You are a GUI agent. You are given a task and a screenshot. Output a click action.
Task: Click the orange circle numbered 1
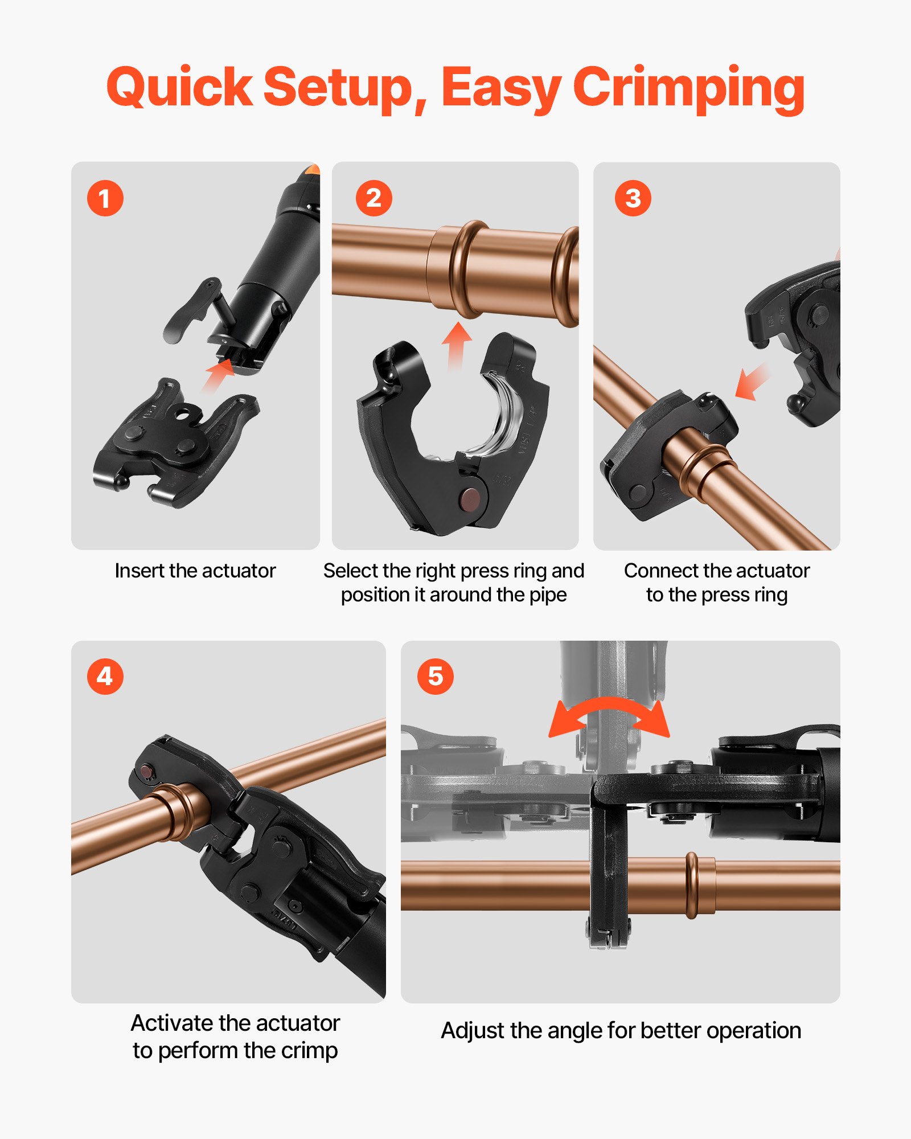pos(105,198)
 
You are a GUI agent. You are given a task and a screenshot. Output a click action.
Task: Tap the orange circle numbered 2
pos(374,198)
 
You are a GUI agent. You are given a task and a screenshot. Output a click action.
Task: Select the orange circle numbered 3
pos(633,198)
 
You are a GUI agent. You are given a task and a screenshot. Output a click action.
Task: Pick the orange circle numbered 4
pos(105,677)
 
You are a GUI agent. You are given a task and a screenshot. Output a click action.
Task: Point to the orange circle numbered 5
pos(435,677)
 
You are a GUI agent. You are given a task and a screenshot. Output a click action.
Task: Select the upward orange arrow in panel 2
pos(456,345)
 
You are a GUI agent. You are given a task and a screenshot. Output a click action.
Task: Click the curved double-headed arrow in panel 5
pos(609,715)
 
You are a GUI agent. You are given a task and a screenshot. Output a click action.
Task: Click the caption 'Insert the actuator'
pos(195,571)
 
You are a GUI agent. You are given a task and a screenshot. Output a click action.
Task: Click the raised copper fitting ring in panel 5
pos(692,886)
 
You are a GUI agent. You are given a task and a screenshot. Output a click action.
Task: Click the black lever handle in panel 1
pos(188,310)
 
